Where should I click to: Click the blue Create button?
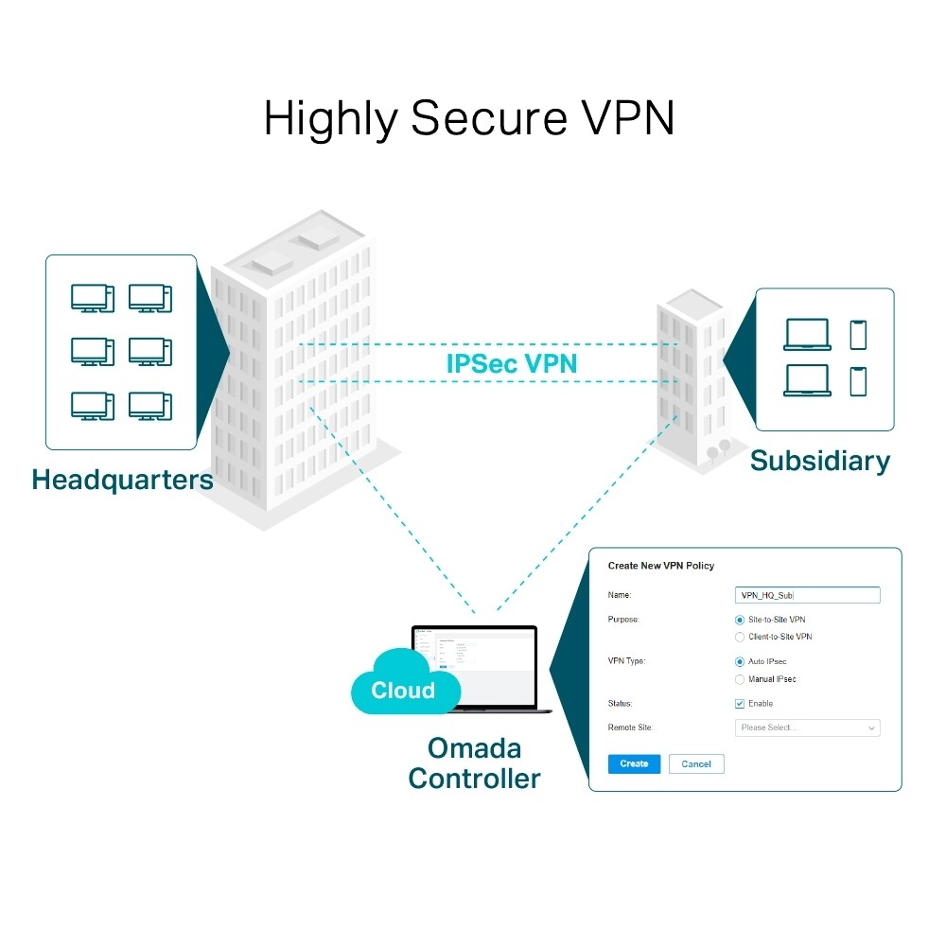634,763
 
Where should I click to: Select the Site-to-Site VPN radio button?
740,620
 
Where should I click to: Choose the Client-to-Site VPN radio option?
740,638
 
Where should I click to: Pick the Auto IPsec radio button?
740,662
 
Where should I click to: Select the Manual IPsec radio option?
740,679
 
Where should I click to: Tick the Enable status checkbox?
740,704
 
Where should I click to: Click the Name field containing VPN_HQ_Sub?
807,595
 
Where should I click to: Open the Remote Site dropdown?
807,727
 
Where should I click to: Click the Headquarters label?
122,480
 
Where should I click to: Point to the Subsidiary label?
819,462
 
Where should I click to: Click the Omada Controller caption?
474,763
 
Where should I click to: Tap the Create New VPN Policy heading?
660,566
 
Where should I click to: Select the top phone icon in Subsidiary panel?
858,334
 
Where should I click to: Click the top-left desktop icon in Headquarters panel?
92,298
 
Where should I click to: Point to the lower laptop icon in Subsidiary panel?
807,380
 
